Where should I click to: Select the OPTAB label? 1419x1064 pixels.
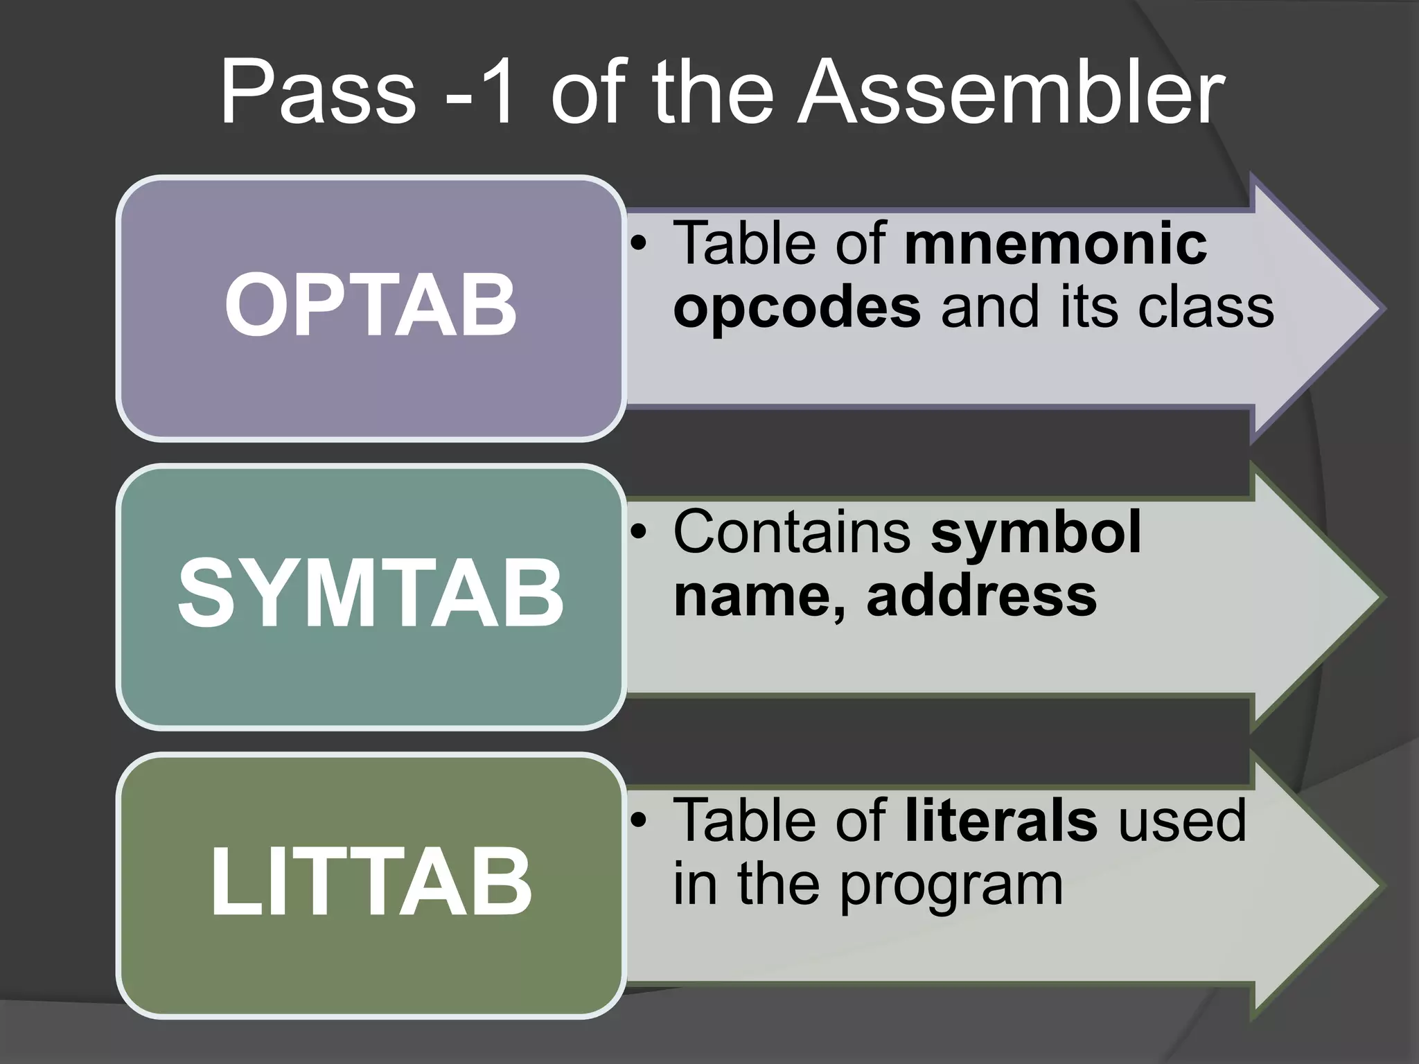coord(371,305)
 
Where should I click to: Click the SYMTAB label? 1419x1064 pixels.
coord(371,595)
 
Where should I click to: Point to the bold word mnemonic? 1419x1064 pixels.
coord(1056,243)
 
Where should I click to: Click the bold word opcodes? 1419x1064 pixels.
coord(797,308)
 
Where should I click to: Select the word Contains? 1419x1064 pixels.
coord(791,532)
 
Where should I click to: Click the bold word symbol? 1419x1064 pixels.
coord(1036,532)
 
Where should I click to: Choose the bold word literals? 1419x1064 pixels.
coord(1001,821)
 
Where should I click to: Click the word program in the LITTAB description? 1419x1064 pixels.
coord(951,885)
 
